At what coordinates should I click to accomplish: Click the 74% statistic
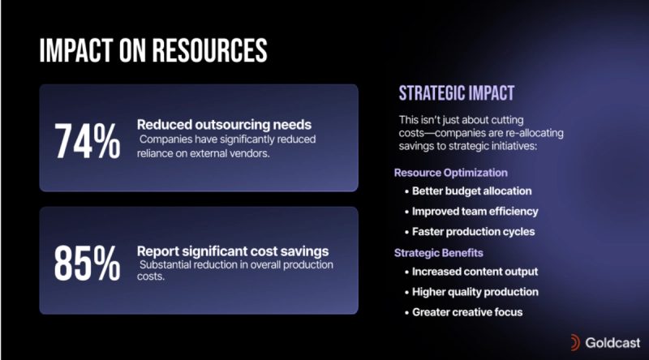88,141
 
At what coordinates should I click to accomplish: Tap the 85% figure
88,263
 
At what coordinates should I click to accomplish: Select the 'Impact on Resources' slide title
153,50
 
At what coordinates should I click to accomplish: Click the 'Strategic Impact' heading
457,93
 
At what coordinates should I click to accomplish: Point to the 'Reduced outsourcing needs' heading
224,125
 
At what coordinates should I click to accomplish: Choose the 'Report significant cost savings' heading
233,251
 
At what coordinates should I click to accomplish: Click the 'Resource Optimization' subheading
451,173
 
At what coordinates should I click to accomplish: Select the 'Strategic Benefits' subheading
438,253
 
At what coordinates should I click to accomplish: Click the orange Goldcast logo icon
574,343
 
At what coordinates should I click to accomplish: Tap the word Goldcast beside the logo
612,343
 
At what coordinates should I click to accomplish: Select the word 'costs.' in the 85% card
151,276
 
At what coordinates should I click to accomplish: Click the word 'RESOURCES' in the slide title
209,50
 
